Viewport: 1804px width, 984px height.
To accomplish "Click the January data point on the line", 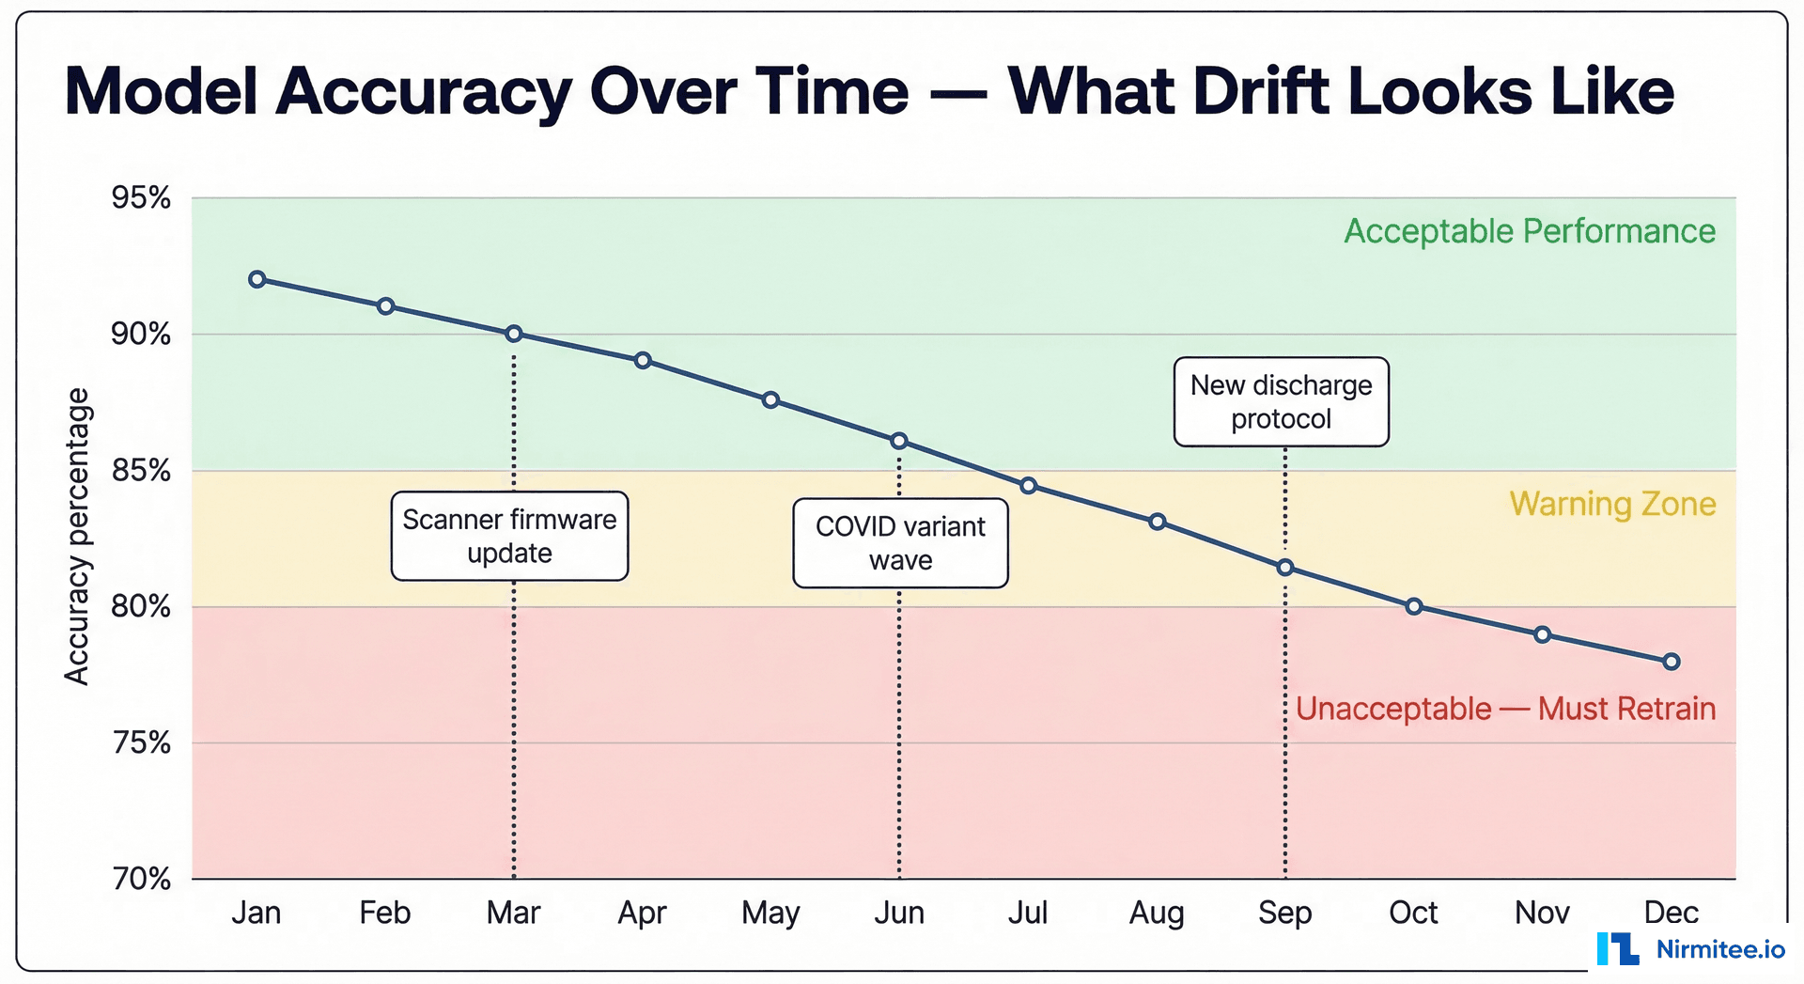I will tap(257, 279).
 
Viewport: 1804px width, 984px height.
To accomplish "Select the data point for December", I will tap(1671, 662).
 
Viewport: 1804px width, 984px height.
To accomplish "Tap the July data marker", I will tap(1028, 486).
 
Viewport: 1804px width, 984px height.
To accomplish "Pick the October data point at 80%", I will tap(1413, 606).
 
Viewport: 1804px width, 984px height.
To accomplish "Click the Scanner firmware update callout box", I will tap(509, 536).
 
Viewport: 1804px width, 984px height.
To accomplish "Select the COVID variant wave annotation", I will tap(900, 543).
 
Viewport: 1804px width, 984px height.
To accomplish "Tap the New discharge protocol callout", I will tap(1281, 401).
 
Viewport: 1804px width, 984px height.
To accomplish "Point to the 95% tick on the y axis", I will tap(141, 197).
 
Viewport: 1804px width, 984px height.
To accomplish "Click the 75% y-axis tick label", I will tap(141, 742).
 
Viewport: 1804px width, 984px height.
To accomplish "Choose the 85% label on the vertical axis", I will tap(141, 470).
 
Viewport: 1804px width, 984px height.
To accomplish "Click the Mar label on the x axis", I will tap(513, 912).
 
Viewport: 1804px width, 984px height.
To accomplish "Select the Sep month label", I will tap(1284, 912).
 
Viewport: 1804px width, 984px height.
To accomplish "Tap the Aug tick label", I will tap(1156, 912).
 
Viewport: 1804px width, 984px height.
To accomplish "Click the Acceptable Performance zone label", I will tap(1529, 231).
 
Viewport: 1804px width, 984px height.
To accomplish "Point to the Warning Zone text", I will tap(1612, 504).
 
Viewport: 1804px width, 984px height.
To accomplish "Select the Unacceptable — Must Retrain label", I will tap(1505, 709).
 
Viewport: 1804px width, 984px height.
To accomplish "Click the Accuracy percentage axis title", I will tap(77, 536).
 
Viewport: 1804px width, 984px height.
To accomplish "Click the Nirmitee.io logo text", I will tap(1719, 949).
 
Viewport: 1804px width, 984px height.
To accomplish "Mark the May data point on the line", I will tap(770, 400).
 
